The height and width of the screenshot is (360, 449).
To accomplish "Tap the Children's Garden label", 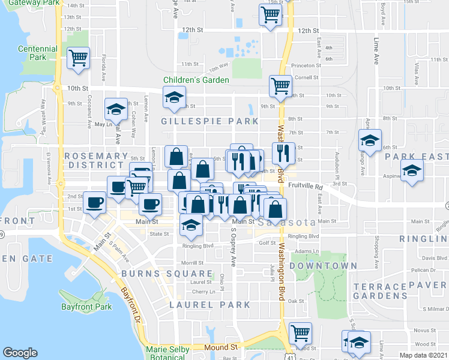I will click(x=196, y=80).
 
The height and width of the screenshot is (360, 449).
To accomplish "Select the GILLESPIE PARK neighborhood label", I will click(x=209, y=121).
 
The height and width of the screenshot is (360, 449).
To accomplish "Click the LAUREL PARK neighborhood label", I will click(x=209, y=305).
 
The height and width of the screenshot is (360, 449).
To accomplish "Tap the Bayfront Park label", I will click(x=86, y=307).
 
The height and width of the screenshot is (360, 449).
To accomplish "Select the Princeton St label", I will click(x=306, y=65).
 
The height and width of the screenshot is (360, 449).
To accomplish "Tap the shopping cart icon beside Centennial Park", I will click(x=78, y=58).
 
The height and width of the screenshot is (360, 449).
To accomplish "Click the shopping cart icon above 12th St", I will click(x=270, y=14).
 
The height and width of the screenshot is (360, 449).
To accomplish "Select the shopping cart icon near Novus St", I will click(x=300, y=332).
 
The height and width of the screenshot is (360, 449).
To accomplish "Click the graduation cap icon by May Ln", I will click(x=115, y=109).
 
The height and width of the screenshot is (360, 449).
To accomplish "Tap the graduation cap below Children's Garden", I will click(x=174, y=97).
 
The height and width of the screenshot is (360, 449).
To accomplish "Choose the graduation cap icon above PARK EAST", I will click(x=370, y=140).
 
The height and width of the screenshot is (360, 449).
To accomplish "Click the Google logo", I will click(x=20, y=353).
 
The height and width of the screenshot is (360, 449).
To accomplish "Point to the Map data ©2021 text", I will click(x=423, y=355).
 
